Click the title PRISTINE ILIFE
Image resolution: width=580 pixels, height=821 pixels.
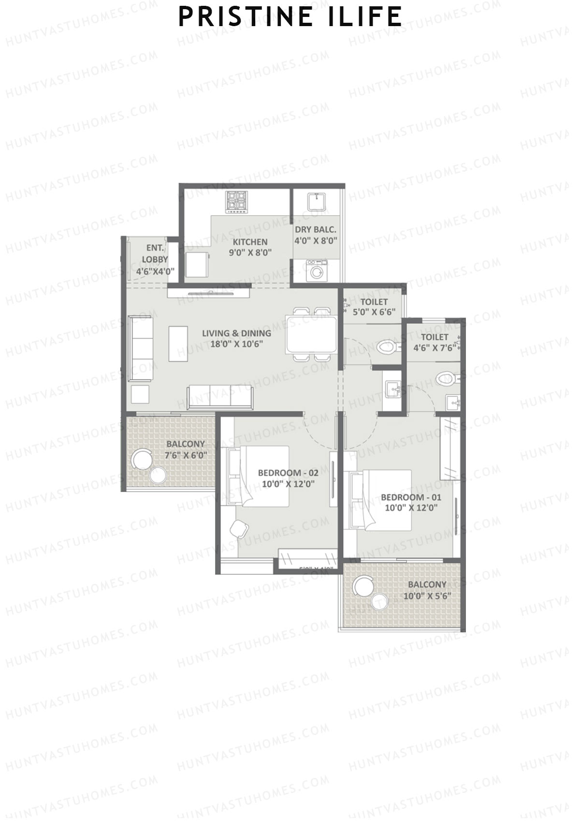[290, 17]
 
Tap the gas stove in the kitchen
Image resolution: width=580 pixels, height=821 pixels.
[237, 202]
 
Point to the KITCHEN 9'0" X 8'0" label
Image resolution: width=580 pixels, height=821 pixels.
[250, 247]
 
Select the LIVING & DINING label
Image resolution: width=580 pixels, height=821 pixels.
[236, 333]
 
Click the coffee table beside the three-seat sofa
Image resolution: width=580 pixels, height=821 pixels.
[178, 343]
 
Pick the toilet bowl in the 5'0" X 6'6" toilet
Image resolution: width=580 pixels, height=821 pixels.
[387, 347]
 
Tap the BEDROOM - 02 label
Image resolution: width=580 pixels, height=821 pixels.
[288, 473]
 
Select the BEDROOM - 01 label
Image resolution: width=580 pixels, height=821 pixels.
[411, 497]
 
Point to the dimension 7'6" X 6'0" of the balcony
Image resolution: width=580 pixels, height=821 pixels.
[186, 455]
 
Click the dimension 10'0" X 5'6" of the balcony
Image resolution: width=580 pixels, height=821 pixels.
[427, 596]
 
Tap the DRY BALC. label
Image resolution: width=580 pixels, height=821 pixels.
[316, 229]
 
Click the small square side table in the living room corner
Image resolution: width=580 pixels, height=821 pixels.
[140, 395]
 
